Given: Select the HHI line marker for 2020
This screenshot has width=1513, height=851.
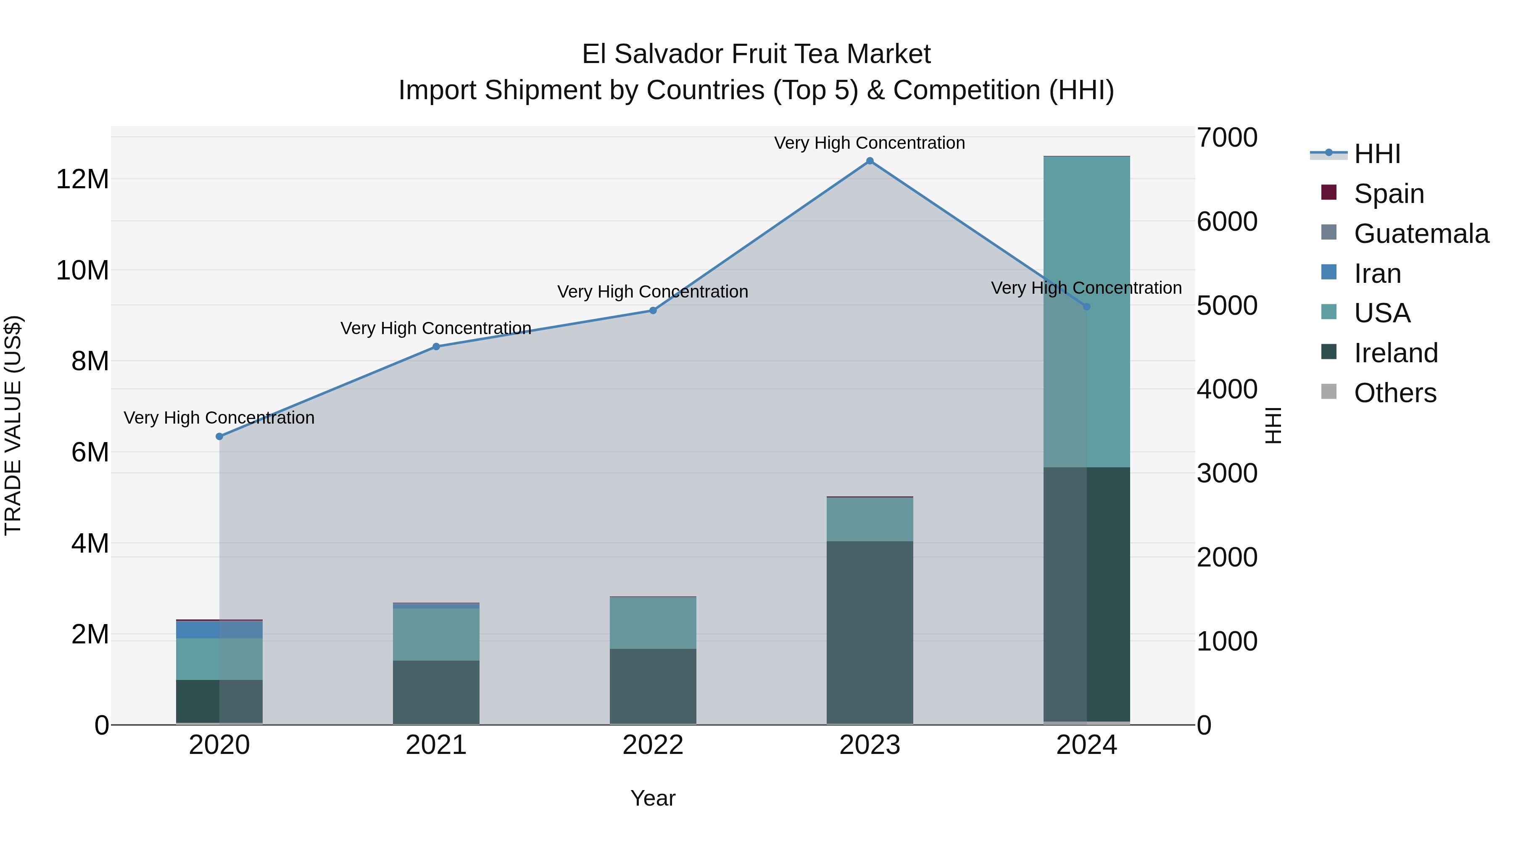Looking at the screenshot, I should click(x=219, y=436).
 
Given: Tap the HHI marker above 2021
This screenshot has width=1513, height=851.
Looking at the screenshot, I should click(x=436, y=347).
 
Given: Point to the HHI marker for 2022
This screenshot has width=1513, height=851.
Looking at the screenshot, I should click(x=653, y=310).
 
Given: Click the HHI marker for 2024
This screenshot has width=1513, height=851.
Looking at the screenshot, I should click(x=1086, y=307).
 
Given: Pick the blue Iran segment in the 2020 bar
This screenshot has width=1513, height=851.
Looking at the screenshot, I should click(x=219, y=630).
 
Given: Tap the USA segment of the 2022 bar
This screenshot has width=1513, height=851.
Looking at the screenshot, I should click(x=653, y=622).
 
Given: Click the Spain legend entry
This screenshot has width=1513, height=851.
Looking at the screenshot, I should click(x=1389, y=194).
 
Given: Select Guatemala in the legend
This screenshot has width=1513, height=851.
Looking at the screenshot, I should click(x=1421, y=234).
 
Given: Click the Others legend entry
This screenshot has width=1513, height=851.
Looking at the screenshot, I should click(x=1394, y=393).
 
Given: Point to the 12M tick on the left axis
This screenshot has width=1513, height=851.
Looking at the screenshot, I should click(x=82, y=179).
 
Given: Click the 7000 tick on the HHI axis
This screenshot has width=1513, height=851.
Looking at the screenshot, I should click(x=1227, y=138).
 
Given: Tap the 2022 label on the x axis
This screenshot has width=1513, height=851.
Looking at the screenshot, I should click(x=653, y=745).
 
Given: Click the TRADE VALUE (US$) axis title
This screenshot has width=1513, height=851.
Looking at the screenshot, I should click(x=13, y=425).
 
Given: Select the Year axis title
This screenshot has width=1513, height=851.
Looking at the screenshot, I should click(x=653, y=798).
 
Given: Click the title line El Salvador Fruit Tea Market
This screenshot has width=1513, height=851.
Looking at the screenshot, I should click(x=756, y=54).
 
